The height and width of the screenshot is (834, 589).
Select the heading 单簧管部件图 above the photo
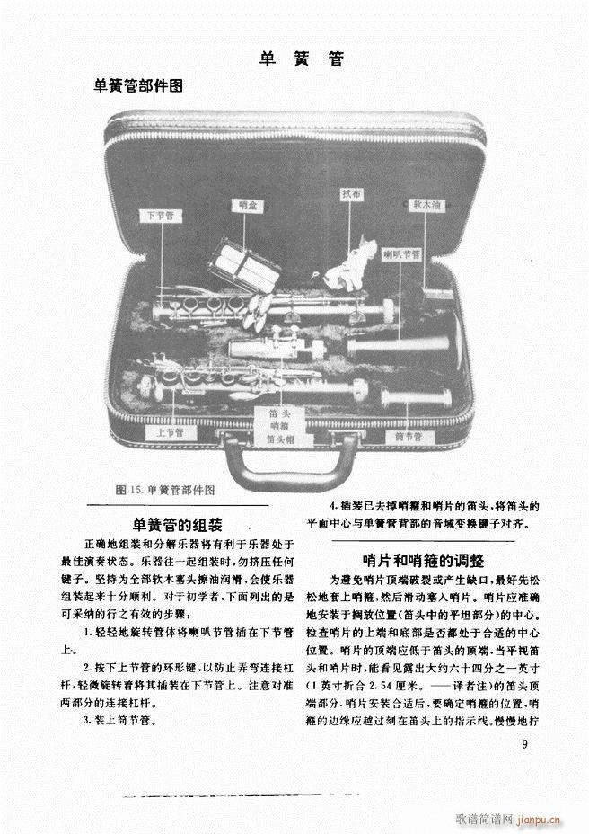[x=139, y=86]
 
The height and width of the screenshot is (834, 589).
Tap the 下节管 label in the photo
[x=162, y=216]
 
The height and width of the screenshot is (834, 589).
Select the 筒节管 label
[x=414, y=437]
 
